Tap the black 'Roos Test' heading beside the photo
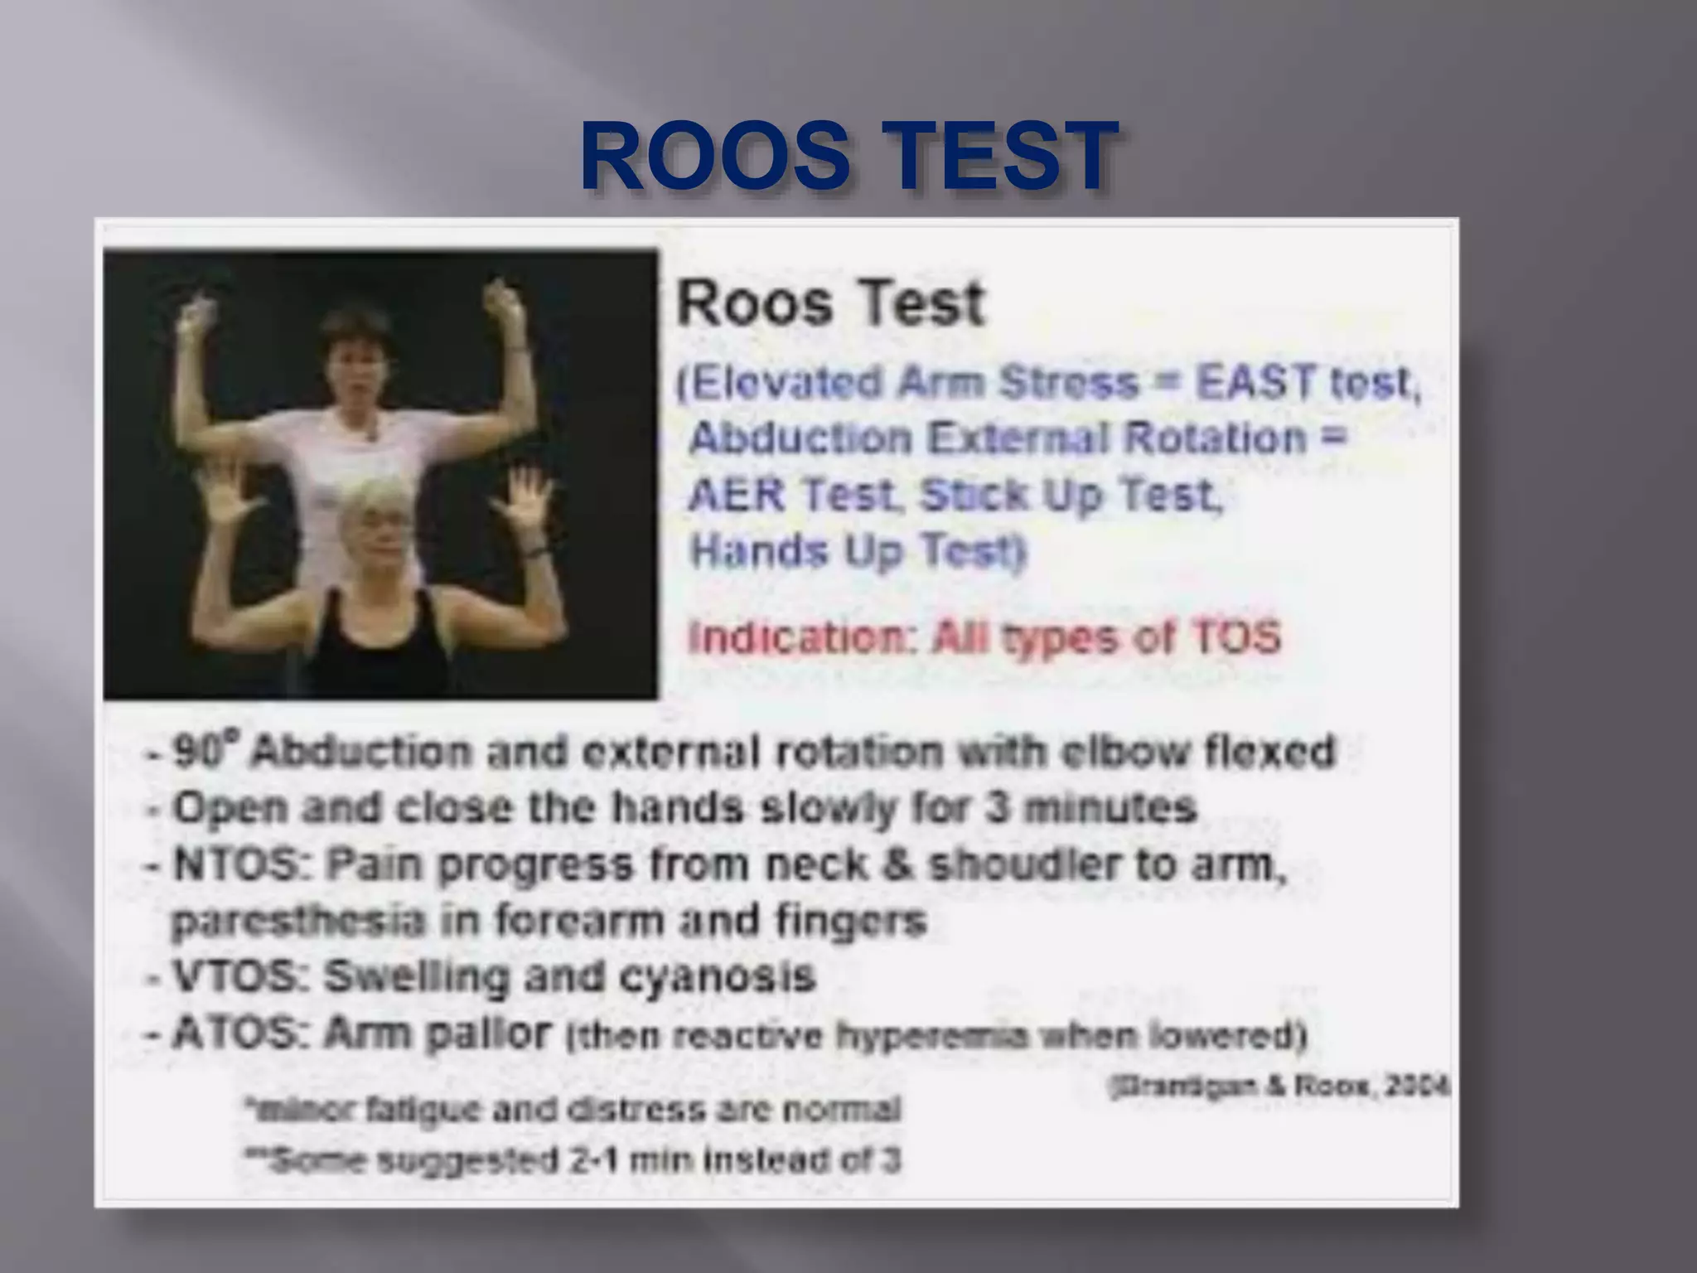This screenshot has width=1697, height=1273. [x=830, y=303]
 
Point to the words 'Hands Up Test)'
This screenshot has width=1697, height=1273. [x=858, y=550]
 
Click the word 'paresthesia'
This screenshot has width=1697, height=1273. [x=297, y=921]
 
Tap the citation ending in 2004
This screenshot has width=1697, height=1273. [x=1279, y=1087]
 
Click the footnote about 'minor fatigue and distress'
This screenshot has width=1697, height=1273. [x=573, y=1109]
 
